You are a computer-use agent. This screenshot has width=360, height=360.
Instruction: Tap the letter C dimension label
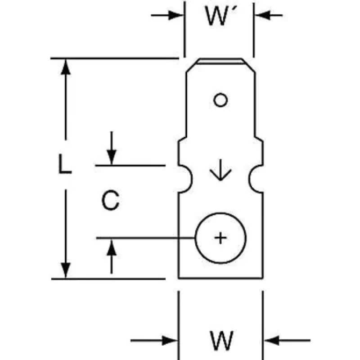tap(110, 201)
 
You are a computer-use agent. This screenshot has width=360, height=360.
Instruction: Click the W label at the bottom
tap(221, 341)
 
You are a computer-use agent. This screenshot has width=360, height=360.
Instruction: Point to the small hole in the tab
tap(220, 100)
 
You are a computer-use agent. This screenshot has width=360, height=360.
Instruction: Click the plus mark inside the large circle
tap(220, 238)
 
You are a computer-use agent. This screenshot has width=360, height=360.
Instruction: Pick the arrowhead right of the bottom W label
tap(271, 340)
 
